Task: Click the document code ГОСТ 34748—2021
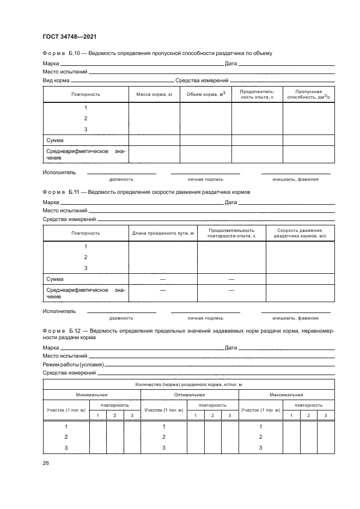pyautogui.click(x=70, y=36)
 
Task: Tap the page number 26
pyautogui.click(x=46, y=463)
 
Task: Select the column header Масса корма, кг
pyautogui.click(x=154, y=95)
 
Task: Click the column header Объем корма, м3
pyautogui.click(x=206, y=95)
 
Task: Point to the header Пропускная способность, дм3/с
pyautogui.click(x=308, y=95)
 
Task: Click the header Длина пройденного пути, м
pyautogui.click(x=163, y=233)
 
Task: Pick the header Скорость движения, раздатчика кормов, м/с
pyautogui.click(x=300, y=233)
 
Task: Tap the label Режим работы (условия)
pyautogui.click(x=73, y=364)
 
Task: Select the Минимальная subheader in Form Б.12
pyautogui.click(x=91, y=395)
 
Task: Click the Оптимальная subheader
pyautogui.click(x=190, y=395)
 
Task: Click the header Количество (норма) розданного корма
pyautogui.click(x=188, y=384)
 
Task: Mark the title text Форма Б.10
pyautogui.click(x=62, y=53)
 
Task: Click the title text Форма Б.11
pyautogui.click(x=62, y=192)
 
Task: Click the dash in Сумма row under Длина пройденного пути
pyautogui.click(x=162, y=279)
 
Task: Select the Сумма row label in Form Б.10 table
pyautogui.click(x=55, y=140)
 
